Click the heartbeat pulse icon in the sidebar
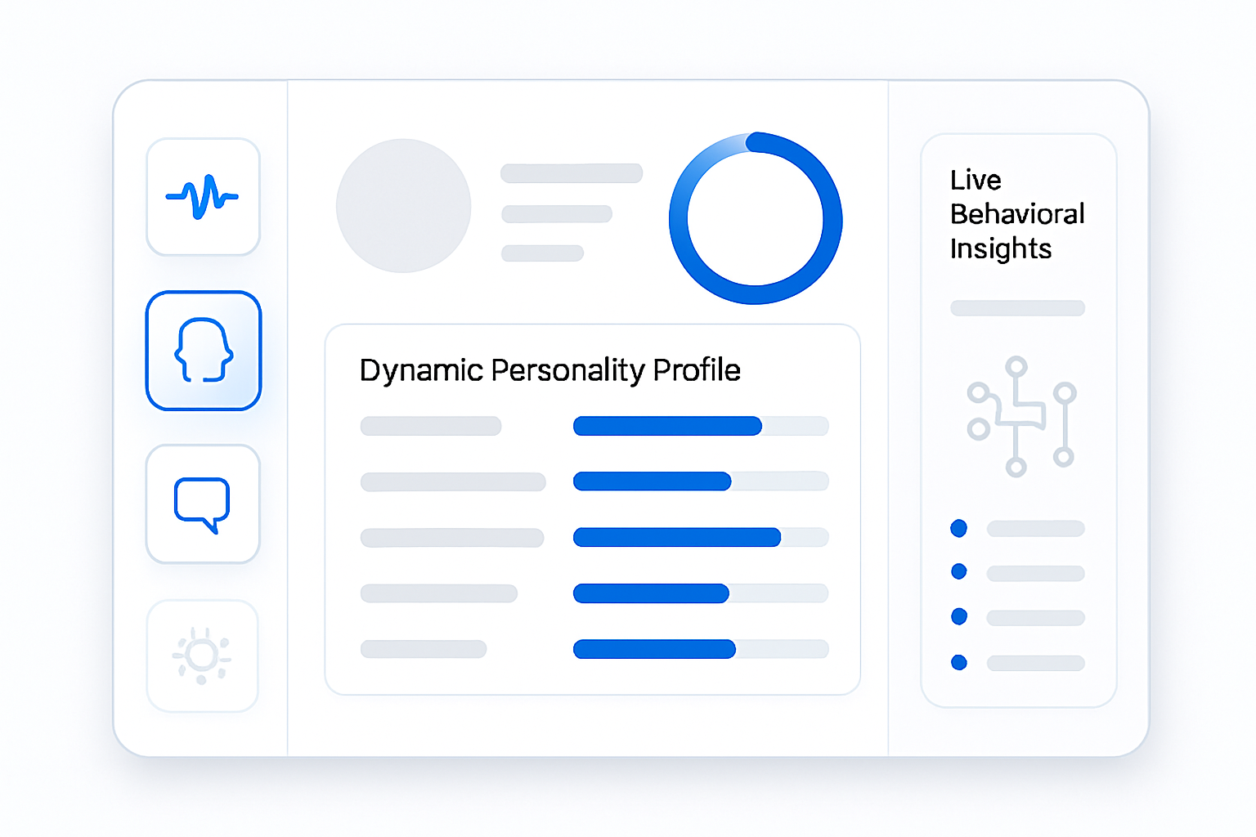[x=202, y=197]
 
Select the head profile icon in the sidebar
[x=203, y=350]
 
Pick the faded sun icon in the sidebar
[x=202, y=656]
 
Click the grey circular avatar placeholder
[x=403, y=206]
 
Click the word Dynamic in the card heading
[x=421, y=370]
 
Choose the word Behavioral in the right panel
[x=1017, y=213]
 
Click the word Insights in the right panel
[x=1000, y=248]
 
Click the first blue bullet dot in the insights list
[x=959, y=528]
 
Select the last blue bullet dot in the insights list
[x=959, y=662]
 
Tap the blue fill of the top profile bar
[x=667, y=426]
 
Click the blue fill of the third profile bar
[x=677, y=537]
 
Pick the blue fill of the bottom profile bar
[x=654, y=649]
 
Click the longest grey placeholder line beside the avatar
[x=572, y=173]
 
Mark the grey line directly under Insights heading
[x=1017, y=308]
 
